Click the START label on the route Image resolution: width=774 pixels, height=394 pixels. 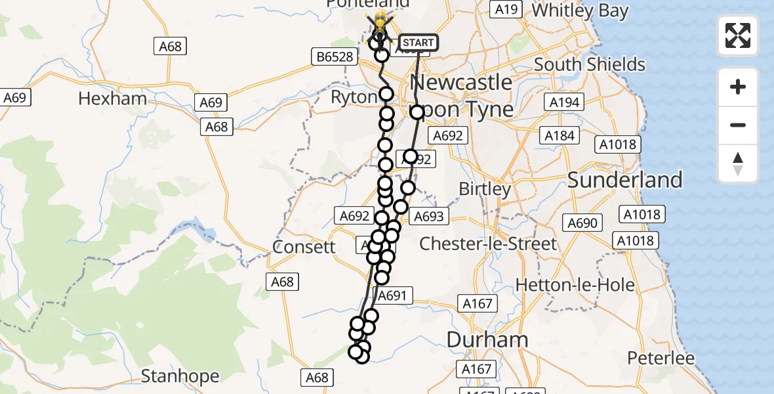[418, 43]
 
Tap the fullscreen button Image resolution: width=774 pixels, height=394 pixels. [738, 35]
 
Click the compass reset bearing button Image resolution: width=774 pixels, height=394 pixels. [738, 164]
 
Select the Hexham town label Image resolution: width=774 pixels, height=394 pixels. [112, 99]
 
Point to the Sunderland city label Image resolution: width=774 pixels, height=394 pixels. [625, 180]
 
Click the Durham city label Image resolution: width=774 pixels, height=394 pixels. [487, 339]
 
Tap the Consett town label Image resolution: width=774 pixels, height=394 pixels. [304, 248]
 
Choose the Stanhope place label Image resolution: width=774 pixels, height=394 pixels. [180, 376]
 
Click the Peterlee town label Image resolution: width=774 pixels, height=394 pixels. [661, 359]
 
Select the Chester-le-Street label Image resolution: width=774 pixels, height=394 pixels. [488, 244]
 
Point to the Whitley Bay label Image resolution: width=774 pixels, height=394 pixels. [580, 11]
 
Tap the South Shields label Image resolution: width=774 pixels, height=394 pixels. [590, 64]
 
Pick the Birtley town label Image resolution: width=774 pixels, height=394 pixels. [485, 189]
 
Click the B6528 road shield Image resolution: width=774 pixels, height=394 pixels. [335, 57]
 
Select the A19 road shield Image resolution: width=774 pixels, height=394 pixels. [506, 10]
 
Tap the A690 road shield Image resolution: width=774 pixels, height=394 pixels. [582, 223]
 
